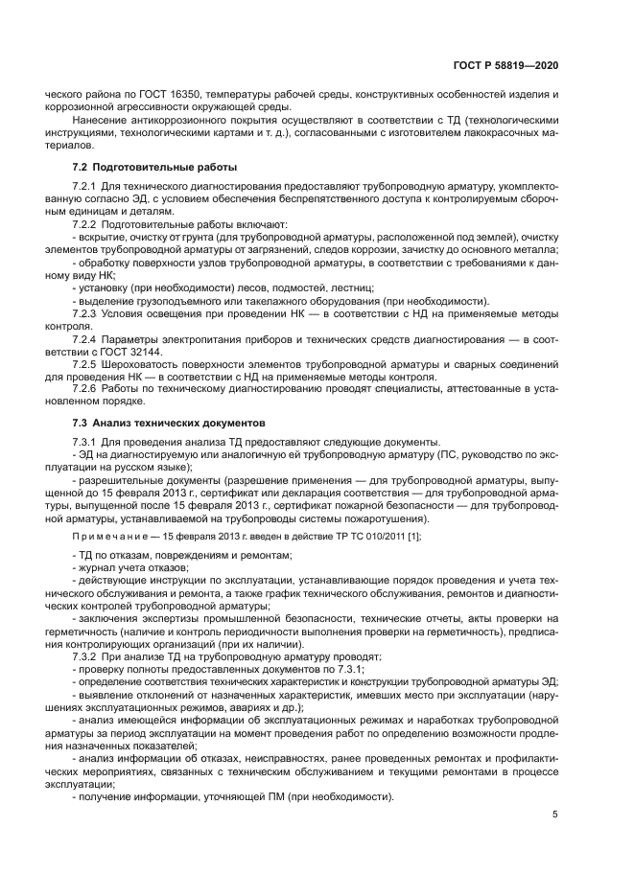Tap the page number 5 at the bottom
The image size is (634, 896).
[555, 815]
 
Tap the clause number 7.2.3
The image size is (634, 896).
[85, 313]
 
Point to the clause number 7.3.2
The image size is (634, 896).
[85, 656]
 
